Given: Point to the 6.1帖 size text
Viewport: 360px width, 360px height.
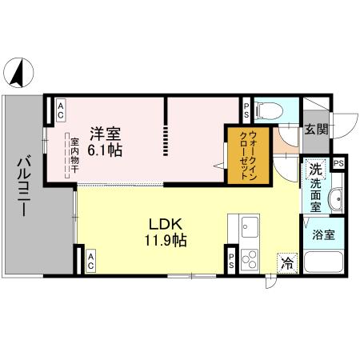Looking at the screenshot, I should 106,150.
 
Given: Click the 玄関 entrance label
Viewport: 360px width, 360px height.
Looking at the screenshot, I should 315,130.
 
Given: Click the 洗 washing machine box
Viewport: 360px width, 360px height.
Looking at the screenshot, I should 315,169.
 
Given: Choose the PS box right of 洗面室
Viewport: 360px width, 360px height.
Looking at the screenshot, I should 339,164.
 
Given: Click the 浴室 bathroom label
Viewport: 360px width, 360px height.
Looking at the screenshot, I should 324,236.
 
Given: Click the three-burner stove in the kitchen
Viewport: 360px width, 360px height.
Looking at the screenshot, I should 249,258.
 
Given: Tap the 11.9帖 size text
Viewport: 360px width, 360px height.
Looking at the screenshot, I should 166,239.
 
